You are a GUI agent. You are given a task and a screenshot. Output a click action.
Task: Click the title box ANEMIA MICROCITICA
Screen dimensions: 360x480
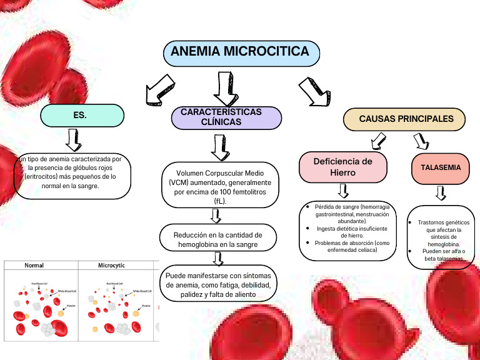point(241,52)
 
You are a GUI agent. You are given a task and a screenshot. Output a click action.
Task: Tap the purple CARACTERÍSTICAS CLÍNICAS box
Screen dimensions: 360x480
point(226,117)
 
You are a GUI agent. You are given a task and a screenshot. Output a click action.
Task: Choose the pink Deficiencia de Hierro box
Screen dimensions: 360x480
point(342,167)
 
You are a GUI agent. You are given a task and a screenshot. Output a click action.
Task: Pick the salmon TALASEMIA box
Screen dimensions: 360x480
point(441,168)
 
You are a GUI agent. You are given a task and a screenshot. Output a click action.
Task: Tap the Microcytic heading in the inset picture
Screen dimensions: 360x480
point(111,266)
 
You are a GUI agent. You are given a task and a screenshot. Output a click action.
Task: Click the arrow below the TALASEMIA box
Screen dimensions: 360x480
point(441,193)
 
